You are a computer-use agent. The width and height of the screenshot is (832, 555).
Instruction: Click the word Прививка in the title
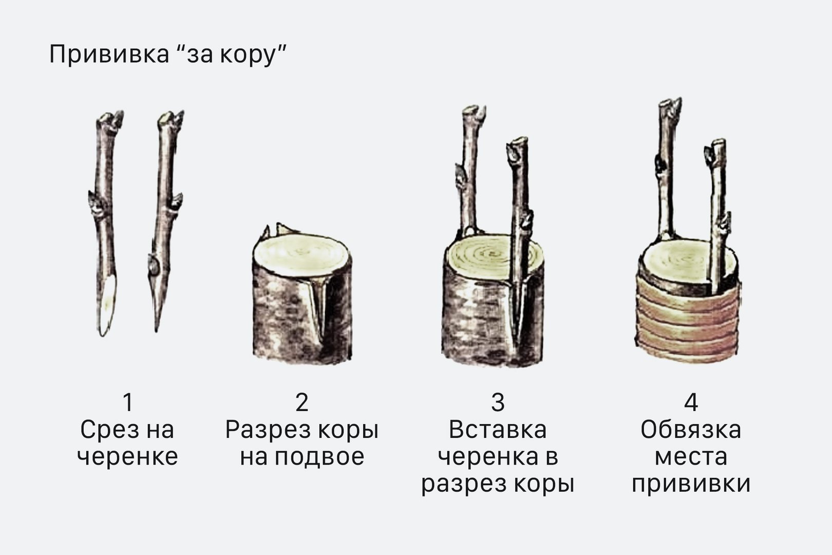tap(109, 55)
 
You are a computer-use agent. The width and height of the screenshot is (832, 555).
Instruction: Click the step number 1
tap(128, 402)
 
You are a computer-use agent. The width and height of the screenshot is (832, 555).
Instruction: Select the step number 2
tap(301, 402)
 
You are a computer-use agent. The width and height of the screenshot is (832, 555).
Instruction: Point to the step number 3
tap(498, 402)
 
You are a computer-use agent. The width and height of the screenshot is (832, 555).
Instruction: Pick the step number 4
tap(691, 402)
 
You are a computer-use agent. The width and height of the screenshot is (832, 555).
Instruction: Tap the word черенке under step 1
tap(127, 457)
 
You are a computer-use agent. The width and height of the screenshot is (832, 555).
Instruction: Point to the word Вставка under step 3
tap(498, 430)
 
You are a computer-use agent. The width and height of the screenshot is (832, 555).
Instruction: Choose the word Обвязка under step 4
tap(691, 430)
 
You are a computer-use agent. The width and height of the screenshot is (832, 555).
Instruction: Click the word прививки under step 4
tap(691, 485)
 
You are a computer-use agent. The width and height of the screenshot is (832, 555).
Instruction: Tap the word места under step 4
tap(691, 457)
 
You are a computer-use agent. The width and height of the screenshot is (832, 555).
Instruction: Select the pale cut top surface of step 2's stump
tap(301, 254)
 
